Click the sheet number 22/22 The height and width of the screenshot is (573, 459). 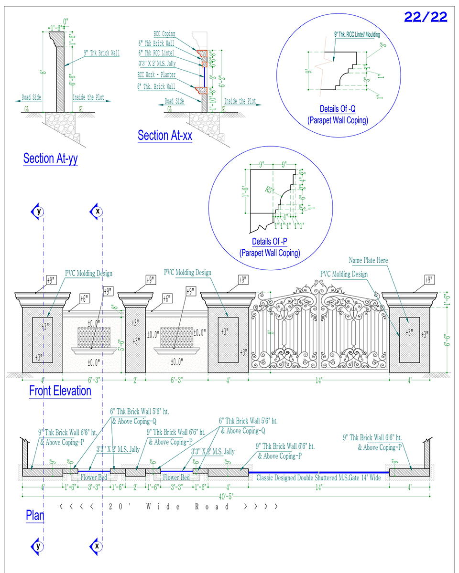point(426,17)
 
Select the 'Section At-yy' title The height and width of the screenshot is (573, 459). point(50,159)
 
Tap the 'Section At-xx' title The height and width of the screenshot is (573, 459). point(165,136)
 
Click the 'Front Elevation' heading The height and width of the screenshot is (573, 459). point(60,391)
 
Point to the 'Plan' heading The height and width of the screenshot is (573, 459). point(35,516)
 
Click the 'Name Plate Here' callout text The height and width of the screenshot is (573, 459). point(368,260)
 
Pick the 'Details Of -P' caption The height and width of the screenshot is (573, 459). point(270,242)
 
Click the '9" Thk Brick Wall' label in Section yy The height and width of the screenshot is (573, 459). point(101,53)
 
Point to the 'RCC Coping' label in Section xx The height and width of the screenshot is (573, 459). point(164,34)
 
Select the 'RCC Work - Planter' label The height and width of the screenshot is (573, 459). point(156,75)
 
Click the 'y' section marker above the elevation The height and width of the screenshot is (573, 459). point(38,211)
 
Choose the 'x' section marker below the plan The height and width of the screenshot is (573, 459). point(97,545)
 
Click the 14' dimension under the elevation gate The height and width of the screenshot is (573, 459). point(319,381)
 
